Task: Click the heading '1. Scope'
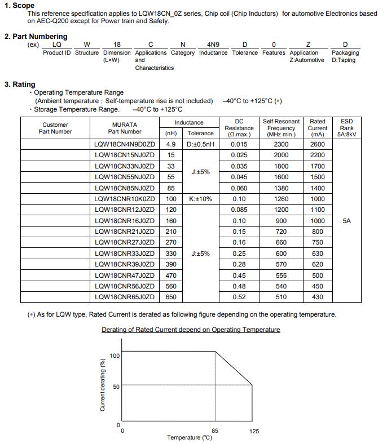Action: coord(20,6)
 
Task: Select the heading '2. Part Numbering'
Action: coord(36,36)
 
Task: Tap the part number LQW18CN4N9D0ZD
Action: coord(125,145)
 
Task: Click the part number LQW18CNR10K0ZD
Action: coord(125,199)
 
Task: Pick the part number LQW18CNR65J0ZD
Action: coord(125,297)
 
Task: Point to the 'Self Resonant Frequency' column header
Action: coord(281,128)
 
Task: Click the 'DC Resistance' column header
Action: coord(239,128)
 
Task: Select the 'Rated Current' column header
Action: coord(318,128)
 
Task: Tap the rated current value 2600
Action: coord(318,145)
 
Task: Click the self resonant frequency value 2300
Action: coord(281,145)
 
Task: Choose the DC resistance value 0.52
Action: coord(239,297)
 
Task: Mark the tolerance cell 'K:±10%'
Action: coord(200,199)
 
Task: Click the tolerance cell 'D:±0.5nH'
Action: coord(200,145)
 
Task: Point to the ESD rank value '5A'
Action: coord(346,221)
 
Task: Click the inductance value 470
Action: coord(171,276)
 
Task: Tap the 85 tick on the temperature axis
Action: coord(215,430)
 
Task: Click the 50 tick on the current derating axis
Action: coord(116,387)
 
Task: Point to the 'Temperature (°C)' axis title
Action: coord(190,438)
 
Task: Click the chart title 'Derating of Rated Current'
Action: coord(191,330)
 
